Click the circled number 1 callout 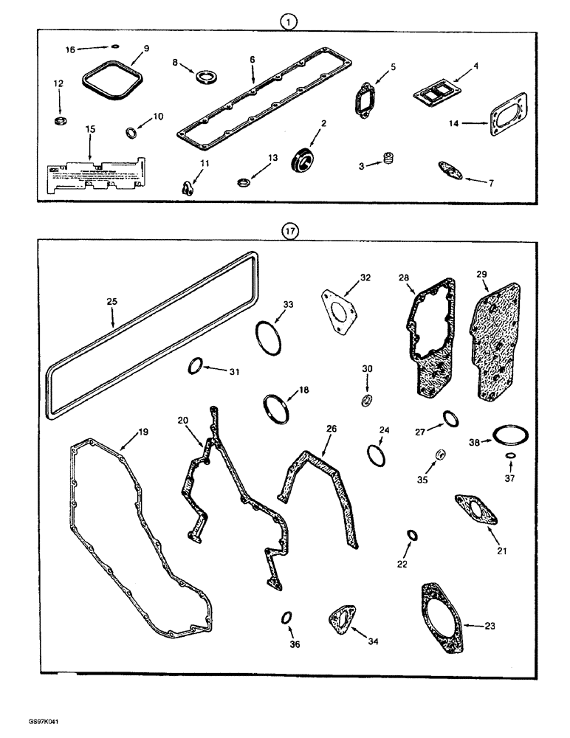[x=289, y=22]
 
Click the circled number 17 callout [x=289, y=231]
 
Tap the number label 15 [x=90, y=130]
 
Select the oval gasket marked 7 [x=452, y=170]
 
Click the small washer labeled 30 [x=365, y=399]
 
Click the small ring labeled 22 [x=412, y=534]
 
